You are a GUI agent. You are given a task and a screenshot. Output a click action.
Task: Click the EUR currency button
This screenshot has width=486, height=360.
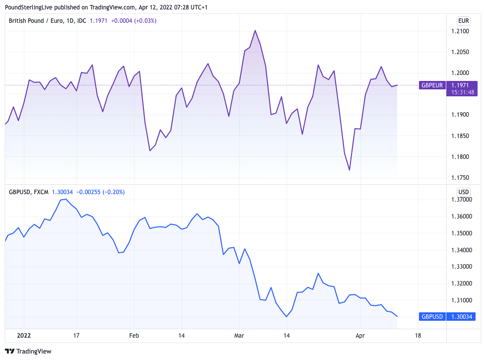(x=463, y=21)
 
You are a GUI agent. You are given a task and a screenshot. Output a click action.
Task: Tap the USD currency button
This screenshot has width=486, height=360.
(x=463, y=192)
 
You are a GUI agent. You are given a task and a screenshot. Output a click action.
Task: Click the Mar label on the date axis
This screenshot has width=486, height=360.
(x=240, y=336)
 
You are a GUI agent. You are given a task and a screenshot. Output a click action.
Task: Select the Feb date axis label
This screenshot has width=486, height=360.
(x=134, y=336)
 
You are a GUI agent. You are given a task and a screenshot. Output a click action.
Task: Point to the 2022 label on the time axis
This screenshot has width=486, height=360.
(x=24, y=336)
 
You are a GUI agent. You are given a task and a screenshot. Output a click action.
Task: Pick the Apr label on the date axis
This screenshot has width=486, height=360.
(x=360, y=336)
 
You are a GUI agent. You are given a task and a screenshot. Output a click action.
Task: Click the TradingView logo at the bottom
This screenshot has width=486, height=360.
(x=28, y=351)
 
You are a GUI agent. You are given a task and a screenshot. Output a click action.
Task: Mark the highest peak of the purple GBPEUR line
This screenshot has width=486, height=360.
(x=255, y=30)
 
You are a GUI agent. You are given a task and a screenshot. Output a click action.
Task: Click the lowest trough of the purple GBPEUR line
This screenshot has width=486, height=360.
(x=349, y=170)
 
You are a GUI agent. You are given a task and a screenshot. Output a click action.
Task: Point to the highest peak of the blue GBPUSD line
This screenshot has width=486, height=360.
(x=66, y=199)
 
